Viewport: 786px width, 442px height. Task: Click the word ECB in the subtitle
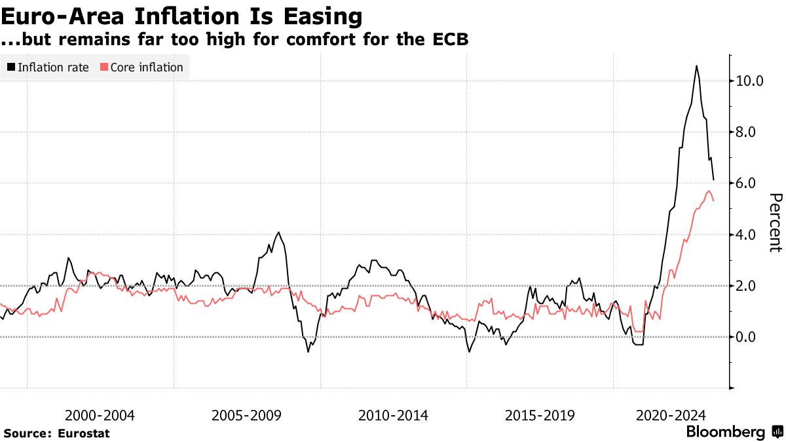[449, 39]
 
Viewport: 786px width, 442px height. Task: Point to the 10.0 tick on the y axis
[749, 81]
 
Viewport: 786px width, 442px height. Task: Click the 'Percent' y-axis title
[776, 223]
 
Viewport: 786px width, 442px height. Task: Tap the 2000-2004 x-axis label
[100, 415]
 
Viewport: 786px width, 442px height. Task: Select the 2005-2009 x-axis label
[247, 415]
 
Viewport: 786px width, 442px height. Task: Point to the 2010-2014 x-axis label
[394, 415]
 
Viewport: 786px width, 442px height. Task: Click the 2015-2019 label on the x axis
[540, 415]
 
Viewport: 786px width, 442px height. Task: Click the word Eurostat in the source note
[84, 433]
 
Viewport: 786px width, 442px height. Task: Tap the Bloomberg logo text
[725, 432]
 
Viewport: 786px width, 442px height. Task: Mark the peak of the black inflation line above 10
[696, 65]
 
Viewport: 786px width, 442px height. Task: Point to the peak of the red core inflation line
[709, 191]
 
